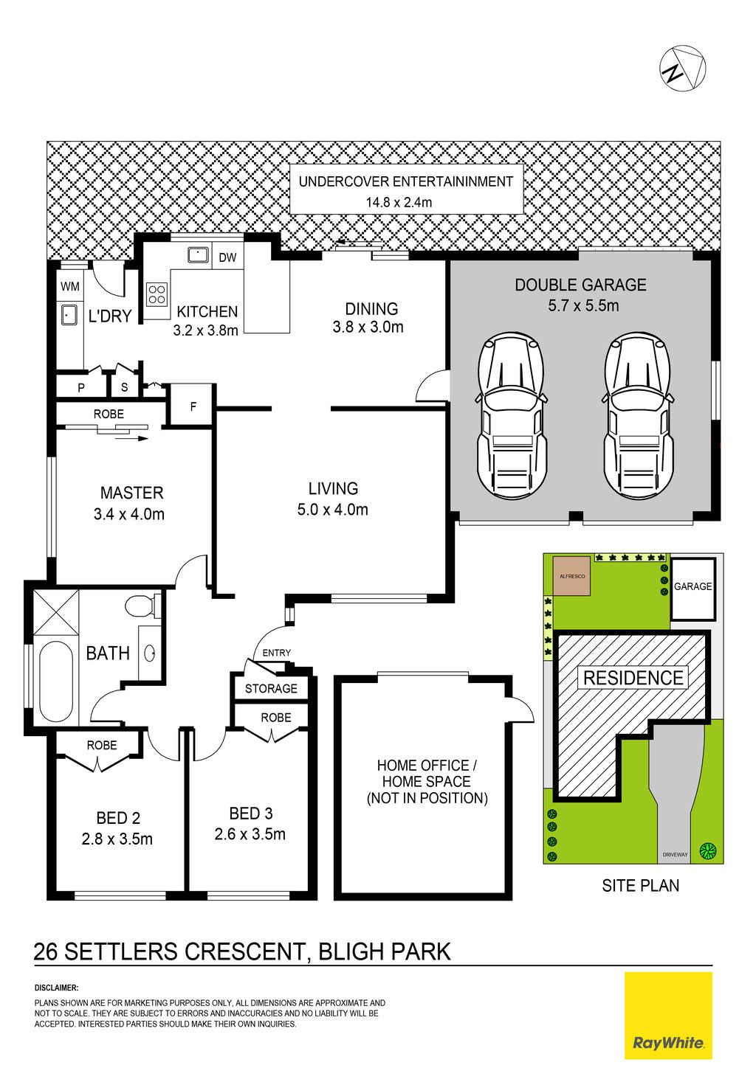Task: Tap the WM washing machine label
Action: click(x=70, y=287)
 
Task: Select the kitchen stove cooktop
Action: click(x=157, y=294)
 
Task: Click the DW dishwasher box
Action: click(x=227, y=257)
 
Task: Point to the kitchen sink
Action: click(x=197, y=254)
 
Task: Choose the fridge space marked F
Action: click(x=193, y=406)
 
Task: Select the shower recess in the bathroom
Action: click(x=56, y=611)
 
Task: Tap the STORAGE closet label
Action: click(x=271, y=688)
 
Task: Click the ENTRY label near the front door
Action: click(x=276, y=653)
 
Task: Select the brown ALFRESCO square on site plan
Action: click(x=571, y=576)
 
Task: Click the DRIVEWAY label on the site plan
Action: click(x=675, y=854)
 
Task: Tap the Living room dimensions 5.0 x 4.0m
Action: click(x=333, y=510)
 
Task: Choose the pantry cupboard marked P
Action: click(x=81, y=388)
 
